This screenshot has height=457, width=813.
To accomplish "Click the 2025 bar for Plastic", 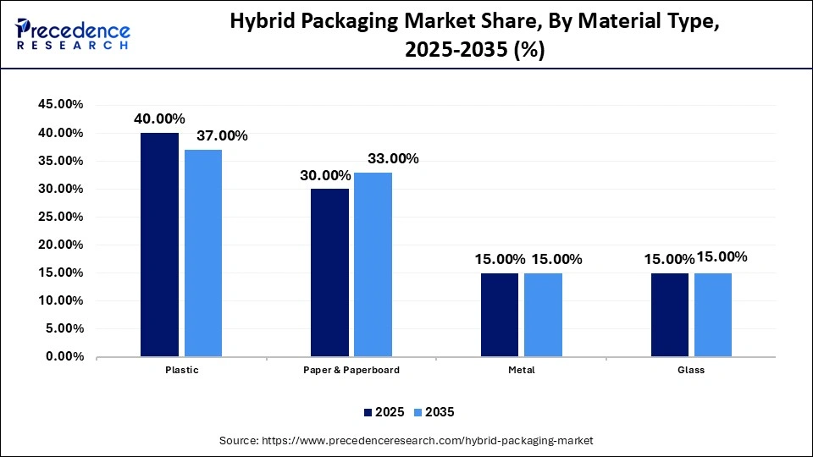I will [x=159, y=245].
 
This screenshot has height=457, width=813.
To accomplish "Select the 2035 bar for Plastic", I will [x=203, y=253].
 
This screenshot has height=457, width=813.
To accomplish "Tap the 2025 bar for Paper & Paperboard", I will [x=329, y=273].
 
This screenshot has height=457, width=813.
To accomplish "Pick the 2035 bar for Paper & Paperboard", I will [x=373, y=264].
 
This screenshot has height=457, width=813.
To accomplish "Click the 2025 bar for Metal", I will [x=500, y=315].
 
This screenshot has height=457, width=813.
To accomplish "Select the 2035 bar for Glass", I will [x=713, y=315].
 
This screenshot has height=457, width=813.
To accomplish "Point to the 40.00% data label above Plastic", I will [x=159, y=119].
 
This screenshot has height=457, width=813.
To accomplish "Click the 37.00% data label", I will [x=222, y=135].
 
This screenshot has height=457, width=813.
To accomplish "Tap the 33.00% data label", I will [x=392, y=158].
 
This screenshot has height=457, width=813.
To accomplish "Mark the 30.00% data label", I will [x=325, y=175].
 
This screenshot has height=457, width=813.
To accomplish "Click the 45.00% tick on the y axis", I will [x=60, y=105].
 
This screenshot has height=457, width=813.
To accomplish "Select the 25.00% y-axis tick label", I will [x=60, y=217].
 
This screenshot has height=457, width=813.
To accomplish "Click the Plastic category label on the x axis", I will [x=181, y=371].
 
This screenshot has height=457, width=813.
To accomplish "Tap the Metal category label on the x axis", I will [x=522, y=371].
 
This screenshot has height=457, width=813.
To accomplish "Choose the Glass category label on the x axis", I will [x=691, y=371].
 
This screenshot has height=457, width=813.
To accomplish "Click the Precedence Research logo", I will [x=73, y=35].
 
